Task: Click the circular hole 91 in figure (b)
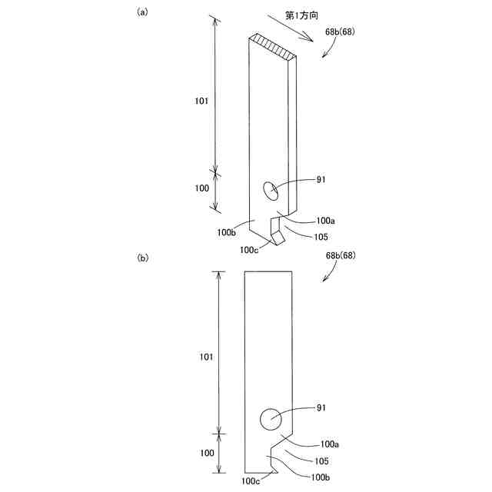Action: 271,420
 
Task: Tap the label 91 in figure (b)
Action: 322,408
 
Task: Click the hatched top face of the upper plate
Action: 274,48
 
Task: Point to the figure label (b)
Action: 143,258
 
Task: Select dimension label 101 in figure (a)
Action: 202,100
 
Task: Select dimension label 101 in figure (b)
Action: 207,357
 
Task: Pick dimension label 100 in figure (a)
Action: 202,187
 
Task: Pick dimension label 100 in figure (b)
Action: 207,454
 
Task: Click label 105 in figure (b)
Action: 321,460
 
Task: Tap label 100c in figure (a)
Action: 249,249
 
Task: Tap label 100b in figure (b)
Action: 321,477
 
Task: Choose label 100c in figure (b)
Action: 251,481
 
